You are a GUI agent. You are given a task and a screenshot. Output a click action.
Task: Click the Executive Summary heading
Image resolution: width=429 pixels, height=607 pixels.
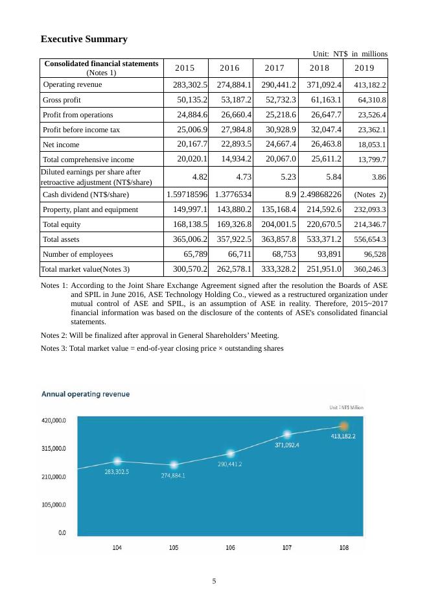(x=84, y=40)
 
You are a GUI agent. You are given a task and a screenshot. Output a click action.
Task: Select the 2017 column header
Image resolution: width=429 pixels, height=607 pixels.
(x=275, y=68)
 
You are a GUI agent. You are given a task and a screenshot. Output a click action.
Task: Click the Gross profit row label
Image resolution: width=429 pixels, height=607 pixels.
(x=62, y=100)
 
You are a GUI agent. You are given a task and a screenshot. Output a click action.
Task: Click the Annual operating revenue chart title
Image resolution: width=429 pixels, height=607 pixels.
(x=86, y=394)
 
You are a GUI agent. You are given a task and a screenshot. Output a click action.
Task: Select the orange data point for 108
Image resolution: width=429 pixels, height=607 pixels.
(x=344, y=425)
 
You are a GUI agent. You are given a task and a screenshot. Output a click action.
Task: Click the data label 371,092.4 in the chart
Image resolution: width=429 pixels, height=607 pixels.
(x=287, y=445)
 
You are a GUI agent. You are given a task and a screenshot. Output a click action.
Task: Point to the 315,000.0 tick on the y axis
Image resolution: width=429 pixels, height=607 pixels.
(x=54, y=448)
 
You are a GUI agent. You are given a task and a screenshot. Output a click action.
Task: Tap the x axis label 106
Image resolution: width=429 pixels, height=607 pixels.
(x=231, y=548)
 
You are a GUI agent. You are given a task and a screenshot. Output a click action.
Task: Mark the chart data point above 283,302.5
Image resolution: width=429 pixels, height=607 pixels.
(x=117, y=460)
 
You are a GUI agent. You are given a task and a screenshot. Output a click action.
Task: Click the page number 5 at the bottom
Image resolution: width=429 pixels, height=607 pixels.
(x=214, y=580)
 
